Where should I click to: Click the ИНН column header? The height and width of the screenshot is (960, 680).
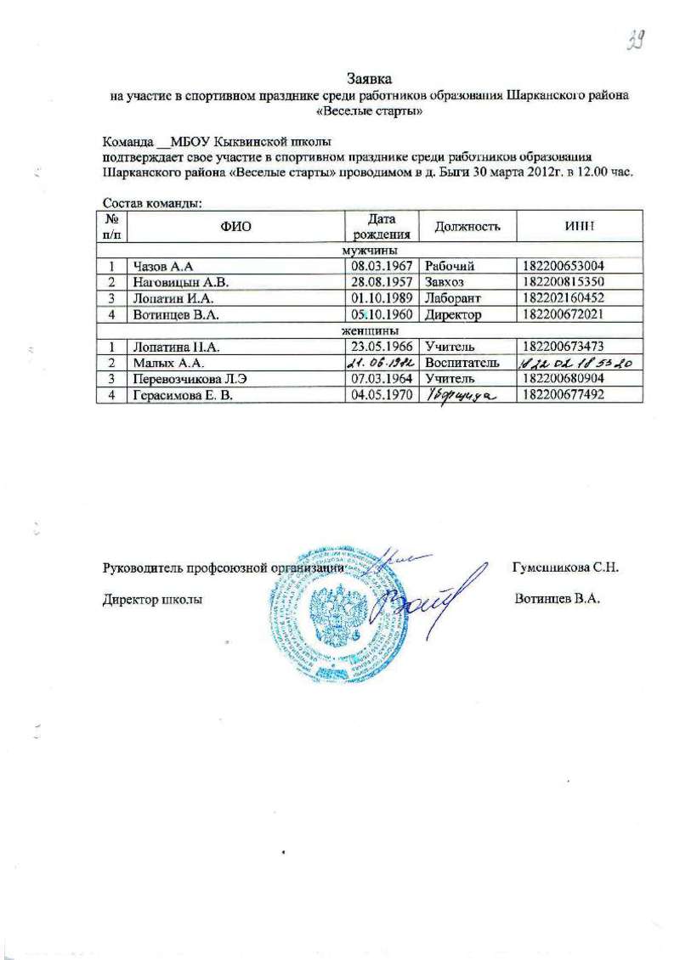(579, 226)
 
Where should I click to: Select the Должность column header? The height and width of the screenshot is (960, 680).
(462, 226)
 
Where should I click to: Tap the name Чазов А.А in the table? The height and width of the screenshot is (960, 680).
(160, 267)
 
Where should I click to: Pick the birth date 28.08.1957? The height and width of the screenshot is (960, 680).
(382, 282)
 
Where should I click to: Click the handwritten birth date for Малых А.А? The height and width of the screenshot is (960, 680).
(382, 363)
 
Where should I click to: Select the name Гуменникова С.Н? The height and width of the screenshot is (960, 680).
(570, 568)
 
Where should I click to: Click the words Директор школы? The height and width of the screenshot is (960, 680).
(152, 599)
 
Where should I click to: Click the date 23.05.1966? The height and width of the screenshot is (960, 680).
(382, 347)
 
